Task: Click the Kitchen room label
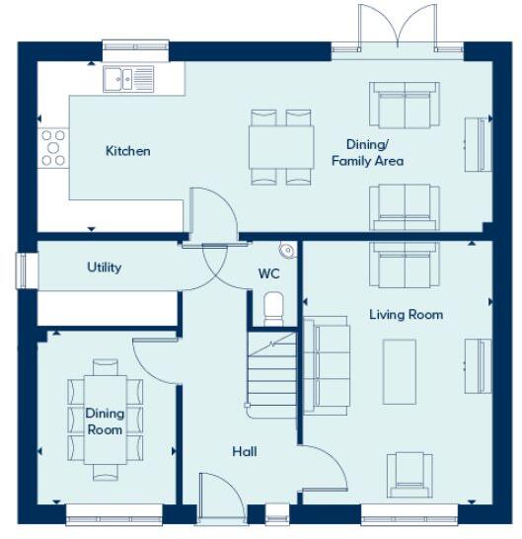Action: (x=128, y=151)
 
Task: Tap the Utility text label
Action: (x=104, y=268)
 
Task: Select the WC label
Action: (x=268, y=272)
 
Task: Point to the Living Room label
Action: (x=406, y=315)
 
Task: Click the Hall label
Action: (x=245, y=451)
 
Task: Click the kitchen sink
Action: (x=129, y=78)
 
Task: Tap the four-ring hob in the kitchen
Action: (x=53, y=147)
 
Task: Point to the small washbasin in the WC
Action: (x=286, y=250)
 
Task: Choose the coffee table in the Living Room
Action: (x=400, y=365)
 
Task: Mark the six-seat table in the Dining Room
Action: (x=105, y=421)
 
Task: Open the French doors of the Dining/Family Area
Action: (x=396, y=30)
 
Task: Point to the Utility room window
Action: (x=22, y=269)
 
